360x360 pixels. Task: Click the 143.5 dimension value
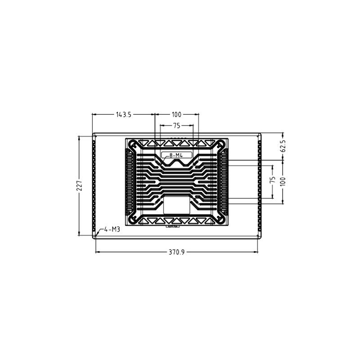coord(123,115)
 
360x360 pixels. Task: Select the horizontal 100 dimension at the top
coord(176,115)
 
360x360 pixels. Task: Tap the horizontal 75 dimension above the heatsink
coord(176,126)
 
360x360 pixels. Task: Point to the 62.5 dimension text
coord(283,147)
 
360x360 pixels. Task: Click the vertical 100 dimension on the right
coord(283,182)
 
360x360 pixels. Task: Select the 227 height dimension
coord(79,185)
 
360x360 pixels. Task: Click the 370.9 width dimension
coord(177,252)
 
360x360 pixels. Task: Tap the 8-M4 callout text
coord(173,155)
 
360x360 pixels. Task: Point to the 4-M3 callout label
coord(112,229)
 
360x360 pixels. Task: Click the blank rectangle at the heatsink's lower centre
coord(176,205)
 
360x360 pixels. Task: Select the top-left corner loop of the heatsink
coord(133,145)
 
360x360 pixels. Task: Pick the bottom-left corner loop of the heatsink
coord(133,219)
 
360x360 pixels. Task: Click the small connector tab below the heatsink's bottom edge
coord(172,226)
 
